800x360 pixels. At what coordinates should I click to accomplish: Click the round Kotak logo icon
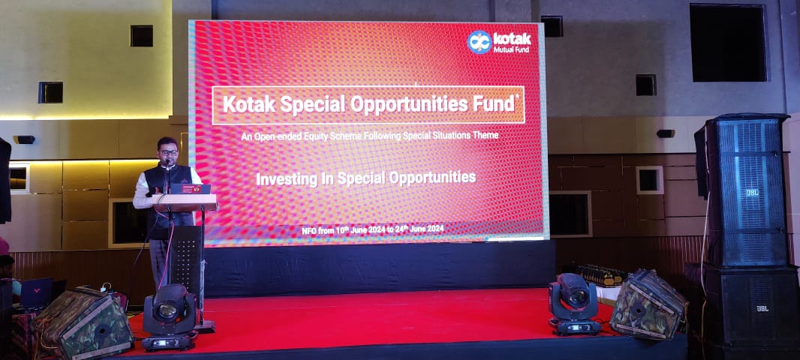pos(480,42)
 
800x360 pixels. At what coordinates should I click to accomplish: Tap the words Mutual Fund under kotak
pos(510,49)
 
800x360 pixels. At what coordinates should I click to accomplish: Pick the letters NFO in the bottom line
pos(309,231)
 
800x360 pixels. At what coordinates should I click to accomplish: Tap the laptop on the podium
pos(191,189)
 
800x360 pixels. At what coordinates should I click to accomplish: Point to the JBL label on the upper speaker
pos(753,193)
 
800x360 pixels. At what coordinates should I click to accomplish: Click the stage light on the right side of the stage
pos(574,304)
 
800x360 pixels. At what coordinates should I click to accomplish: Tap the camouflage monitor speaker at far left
pos(82,322)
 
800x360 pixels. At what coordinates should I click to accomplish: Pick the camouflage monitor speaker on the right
pos(648,304)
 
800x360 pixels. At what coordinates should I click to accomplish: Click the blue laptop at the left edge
pos(37,292)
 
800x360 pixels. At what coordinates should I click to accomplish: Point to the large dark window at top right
pos(728,43)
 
